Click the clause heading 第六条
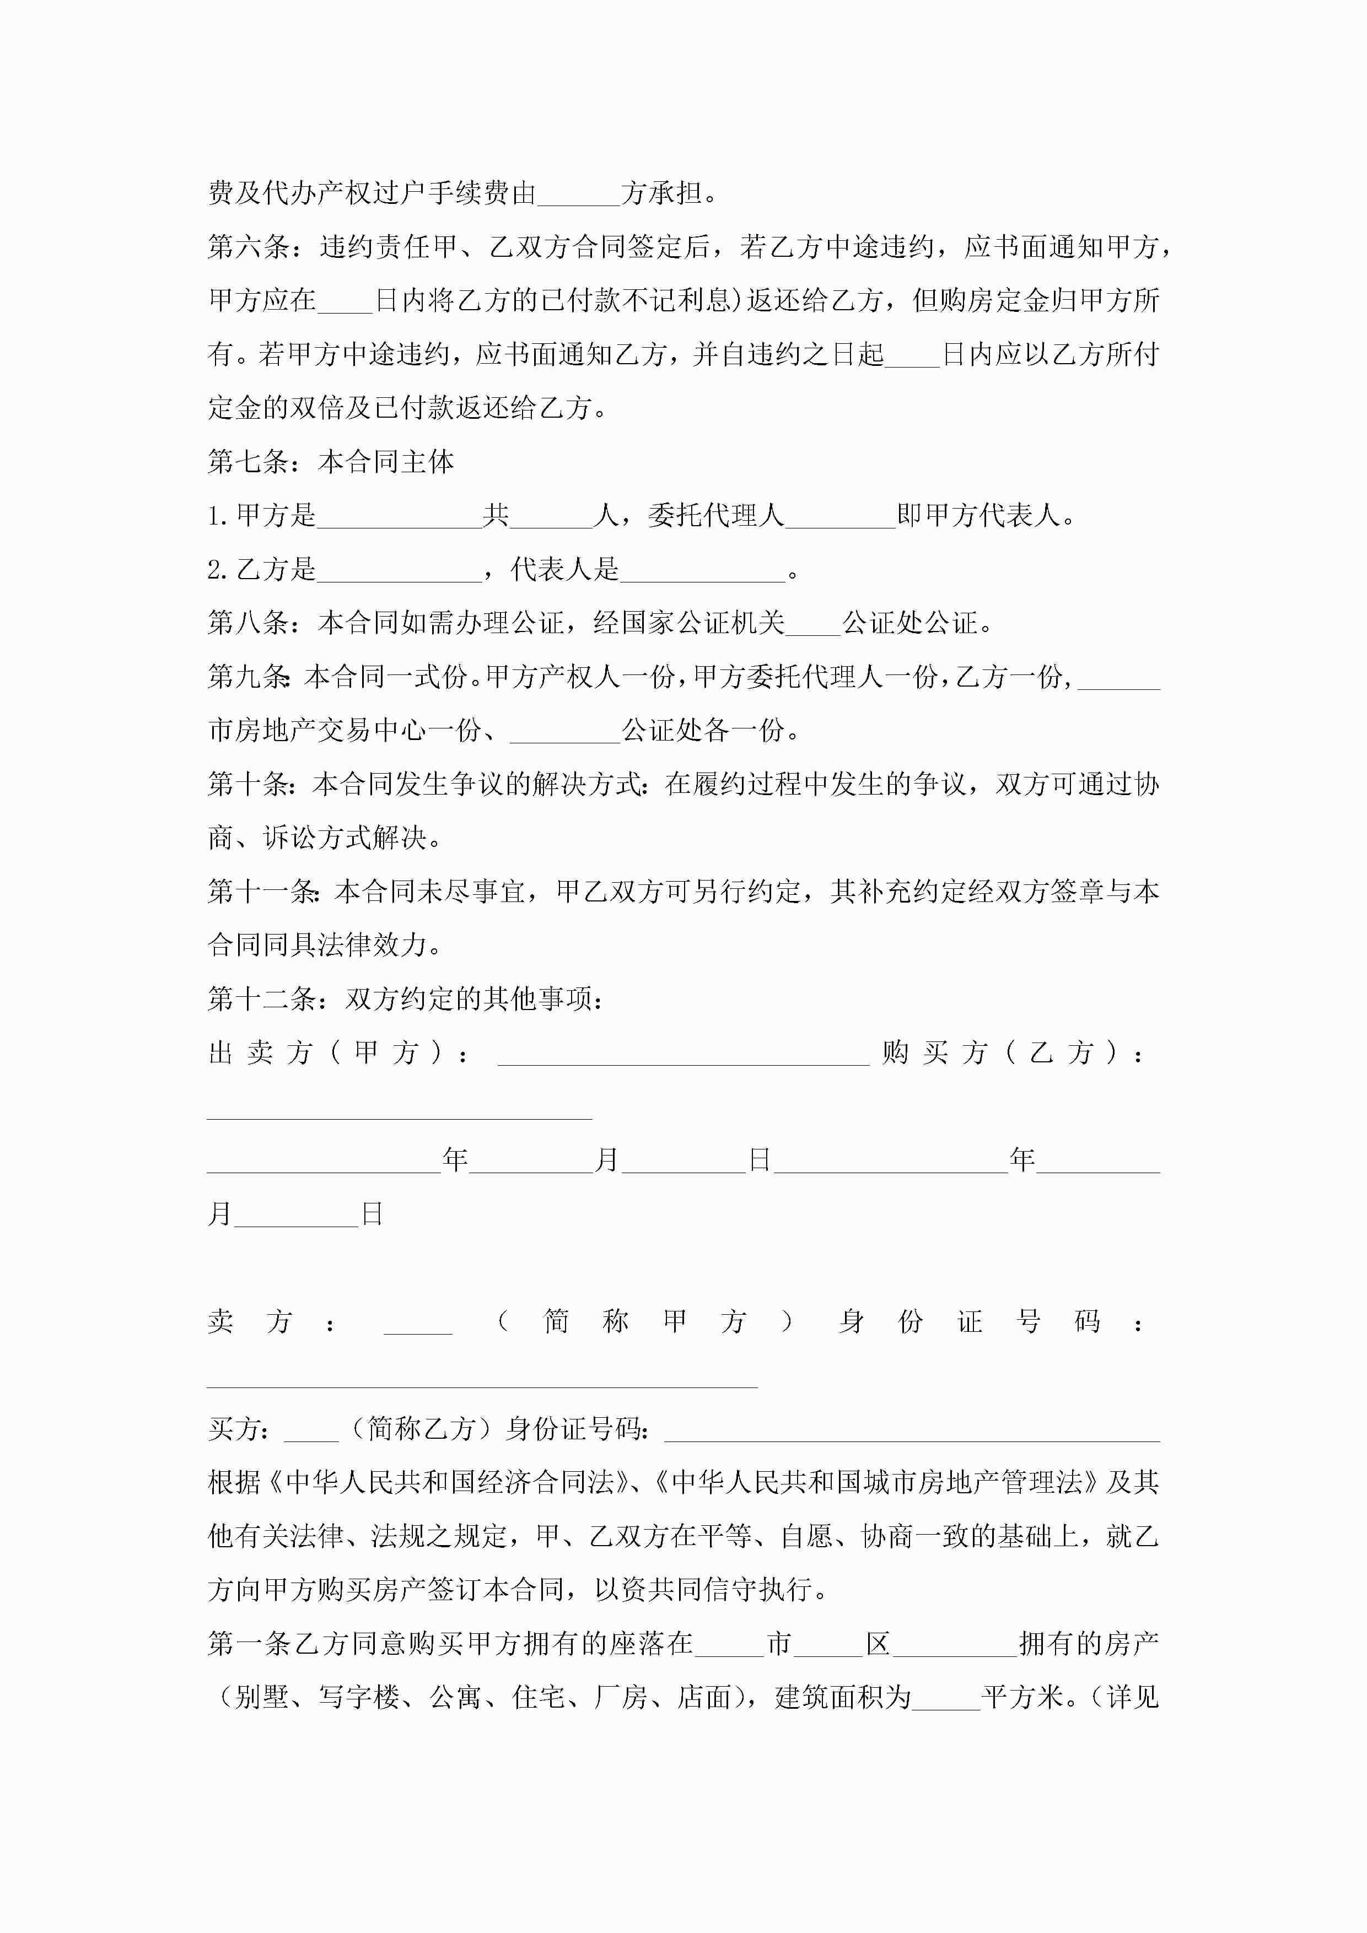(249, 247)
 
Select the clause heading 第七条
(249, 461)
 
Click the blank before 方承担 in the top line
(579, 195)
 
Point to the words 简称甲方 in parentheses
(644, 1321)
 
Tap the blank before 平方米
(946, 1698)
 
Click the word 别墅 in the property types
(262, 1697)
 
